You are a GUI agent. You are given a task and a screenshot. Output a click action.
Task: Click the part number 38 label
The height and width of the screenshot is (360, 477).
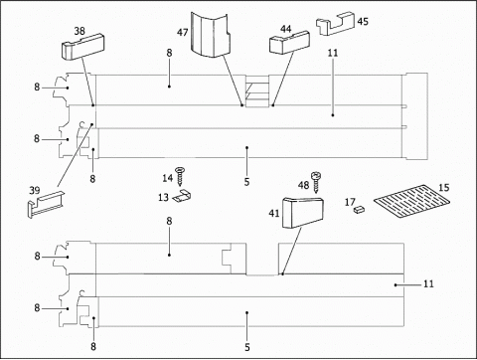coord(79,31)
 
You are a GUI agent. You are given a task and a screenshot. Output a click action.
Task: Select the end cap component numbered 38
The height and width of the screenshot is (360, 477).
coord(83,47)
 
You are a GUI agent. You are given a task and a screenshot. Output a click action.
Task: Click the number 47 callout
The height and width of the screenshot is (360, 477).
coord(183,33)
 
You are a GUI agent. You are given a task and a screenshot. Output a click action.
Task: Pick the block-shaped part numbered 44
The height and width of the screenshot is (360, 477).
coord(289,43)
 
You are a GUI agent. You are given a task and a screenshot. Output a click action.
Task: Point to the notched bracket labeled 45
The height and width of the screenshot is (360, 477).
coord(335,24)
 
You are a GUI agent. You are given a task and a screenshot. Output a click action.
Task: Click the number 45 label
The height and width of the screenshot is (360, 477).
coord(363,22)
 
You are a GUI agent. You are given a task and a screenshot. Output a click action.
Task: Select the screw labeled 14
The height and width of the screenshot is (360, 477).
coord(180,177)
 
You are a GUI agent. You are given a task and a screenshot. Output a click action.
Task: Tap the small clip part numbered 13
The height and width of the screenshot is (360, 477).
coord(183,196)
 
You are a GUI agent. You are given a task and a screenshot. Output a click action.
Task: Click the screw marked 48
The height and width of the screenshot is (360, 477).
coord(315,182)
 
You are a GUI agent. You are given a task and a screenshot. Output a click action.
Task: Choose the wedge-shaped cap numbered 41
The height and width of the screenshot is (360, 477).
coord(302,213)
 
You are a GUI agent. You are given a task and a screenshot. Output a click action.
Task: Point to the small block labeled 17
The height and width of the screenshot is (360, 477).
coord(359,209)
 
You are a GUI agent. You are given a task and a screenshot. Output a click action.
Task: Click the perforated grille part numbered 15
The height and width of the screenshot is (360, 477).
coord(412,201)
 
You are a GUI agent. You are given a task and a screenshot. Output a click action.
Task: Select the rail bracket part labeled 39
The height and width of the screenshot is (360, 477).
coord(46,204)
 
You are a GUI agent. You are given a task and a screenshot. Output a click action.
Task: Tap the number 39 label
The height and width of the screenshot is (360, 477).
coord(35,191)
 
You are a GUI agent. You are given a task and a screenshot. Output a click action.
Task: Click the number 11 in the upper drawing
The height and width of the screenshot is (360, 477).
coord(333,53)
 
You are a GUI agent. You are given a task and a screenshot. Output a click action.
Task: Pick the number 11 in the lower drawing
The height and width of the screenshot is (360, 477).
coord(428,284)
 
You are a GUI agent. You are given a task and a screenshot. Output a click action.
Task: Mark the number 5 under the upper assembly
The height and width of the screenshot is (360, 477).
coord(246,182)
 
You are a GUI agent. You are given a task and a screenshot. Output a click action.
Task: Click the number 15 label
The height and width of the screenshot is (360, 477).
coord(444,188)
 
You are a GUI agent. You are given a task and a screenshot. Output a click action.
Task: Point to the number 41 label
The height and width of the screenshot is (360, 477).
coord(274,214)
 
